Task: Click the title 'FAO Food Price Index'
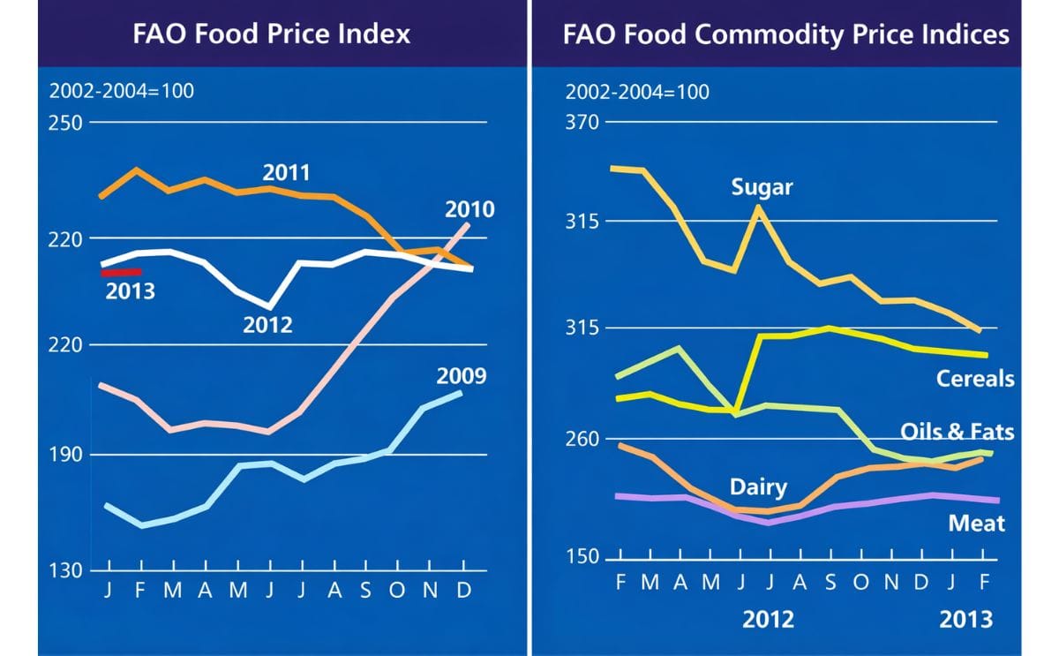click(271, 34)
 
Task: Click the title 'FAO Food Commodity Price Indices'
click(785, 34)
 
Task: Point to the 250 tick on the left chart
click(64, 122)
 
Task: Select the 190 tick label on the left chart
click(64, 455)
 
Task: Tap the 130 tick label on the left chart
click(64, 570)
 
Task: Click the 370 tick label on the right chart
click(582, 122)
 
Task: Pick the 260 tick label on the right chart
click(582, 439)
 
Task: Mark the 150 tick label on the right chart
click(582, 557)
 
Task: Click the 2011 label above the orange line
click(286, 171)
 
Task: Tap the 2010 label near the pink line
click(469, 209)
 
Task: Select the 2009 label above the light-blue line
click(461, 376)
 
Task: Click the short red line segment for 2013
click(122, 273)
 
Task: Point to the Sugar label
click(762, 187)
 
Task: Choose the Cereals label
click(975, 379)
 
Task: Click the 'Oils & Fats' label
click(957, 432)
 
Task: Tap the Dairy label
click(758, 487)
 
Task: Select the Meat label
click(976, 524)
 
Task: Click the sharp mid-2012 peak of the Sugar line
click(758, 207)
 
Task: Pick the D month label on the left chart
click(462, 592)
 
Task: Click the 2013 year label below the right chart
click(965, 618)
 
